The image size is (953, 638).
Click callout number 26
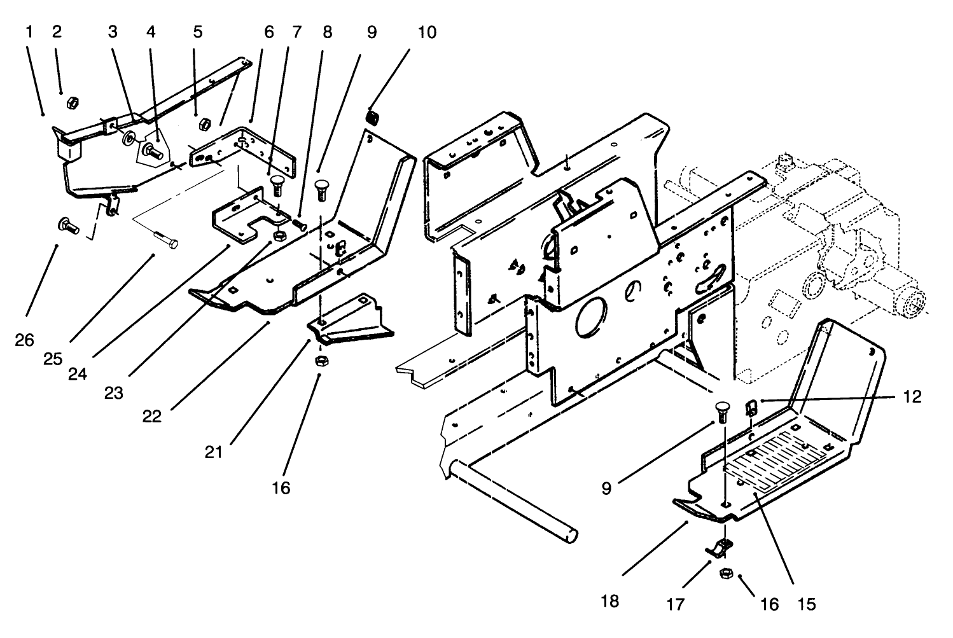(x=24, y=340)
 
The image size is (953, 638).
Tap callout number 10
(x=427, y=32)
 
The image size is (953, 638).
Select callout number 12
(x=912, y=397)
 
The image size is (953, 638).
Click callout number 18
(x=609, y=600)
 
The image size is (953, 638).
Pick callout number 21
(x=214, y=452)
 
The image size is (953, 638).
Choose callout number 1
(x=29, y=32)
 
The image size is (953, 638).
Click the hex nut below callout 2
(x=73, y=102)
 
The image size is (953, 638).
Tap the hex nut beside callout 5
(x=205, y=123)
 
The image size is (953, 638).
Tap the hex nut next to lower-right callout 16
(x=724, y=574)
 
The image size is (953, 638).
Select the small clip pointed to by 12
(x=751, y=408)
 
